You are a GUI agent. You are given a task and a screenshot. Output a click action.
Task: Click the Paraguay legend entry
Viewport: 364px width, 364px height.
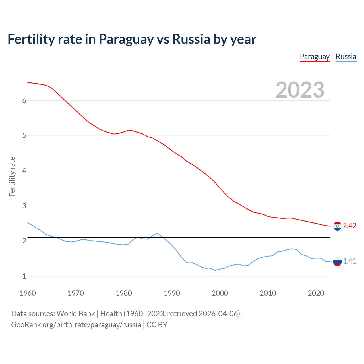coord(315,57)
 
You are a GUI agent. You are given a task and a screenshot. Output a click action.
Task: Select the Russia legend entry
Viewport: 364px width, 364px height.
coord(346,57)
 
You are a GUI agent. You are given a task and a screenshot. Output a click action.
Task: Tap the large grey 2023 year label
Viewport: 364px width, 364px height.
coord(300,90)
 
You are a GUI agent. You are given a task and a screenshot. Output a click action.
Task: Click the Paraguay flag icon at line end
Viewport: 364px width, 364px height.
coord(337,226)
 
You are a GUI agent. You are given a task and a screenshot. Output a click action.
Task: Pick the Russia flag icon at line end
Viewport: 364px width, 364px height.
coord(337,261)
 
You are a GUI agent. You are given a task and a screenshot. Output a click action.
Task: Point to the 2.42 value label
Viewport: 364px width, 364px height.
coord(349,226)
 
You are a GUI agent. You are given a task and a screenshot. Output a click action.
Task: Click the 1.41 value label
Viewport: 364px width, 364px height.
coord(349,261)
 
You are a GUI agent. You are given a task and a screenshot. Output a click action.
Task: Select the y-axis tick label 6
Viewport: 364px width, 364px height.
coord(24,100)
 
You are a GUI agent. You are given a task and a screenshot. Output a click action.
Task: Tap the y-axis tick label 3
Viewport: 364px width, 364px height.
coord(24,206)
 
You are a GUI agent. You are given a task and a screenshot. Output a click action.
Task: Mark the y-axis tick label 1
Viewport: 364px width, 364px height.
coord(24,276)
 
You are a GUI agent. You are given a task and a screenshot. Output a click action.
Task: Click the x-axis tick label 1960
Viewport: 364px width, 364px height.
coord(28,293)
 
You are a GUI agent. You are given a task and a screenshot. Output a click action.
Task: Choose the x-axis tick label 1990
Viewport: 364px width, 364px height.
coord(172,293)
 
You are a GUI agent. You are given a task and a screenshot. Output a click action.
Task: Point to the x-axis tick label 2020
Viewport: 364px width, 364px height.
coord(316,293)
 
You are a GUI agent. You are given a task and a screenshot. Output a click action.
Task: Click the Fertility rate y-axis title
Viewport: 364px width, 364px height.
coord(12,176)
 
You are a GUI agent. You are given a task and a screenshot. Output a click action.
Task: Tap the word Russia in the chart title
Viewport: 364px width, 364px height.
coord(191,39)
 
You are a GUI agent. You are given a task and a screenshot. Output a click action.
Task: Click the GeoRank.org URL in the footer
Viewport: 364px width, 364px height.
coord(76,325)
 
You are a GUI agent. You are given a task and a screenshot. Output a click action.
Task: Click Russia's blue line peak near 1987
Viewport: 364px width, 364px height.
coord(157,233)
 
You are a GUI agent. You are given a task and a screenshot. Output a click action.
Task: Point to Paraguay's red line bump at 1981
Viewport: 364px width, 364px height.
coord(129,130)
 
